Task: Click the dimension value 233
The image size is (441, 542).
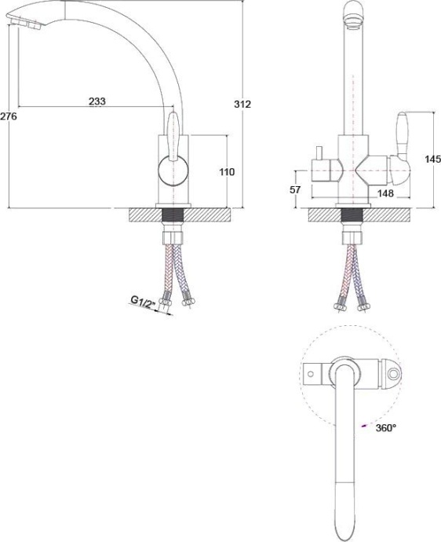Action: pos(97,101)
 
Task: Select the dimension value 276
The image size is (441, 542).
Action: pos(9,116)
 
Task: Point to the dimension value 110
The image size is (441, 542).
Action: pos(226,171)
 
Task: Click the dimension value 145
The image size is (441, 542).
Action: pos(432,159)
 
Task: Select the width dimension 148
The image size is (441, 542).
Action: pos(385,192)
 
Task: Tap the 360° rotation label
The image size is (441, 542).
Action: pos(385,428)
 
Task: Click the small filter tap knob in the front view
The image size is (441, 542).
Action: pos(319,152)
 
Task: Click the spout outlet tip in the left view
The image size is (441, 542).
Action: pos(25,27)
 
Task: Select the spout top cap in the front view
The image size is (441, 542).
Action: pos(353,13)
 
